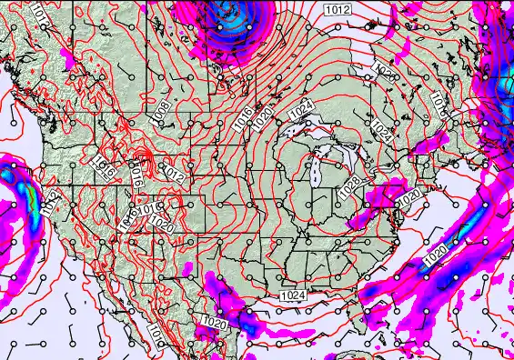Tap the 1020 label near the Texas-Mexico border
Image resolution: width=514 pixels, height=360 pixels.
[x=216, y=323]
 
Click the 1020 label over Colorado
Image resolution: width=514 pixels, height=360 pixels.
[x=161, y=221]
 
